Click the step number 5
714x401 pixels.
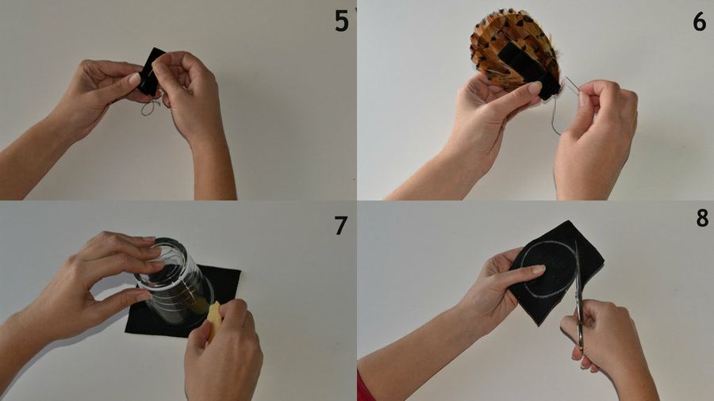click(x=341, y=21)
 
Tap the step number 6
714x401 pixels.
click(x=700, y=21)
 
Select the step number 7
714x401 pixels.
click(x=340, y=226)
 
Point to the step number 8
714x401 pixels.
click(x=702, y=218)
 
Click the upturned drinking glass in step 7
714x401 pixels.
click(x=175, y=282)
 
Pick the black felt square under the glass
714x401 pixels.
click(x=182, y=303)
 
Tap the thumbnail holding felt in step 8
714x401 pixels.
click(x=538, y=269)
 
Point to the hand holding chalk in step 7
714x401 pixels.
click(x=222, y=350)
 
